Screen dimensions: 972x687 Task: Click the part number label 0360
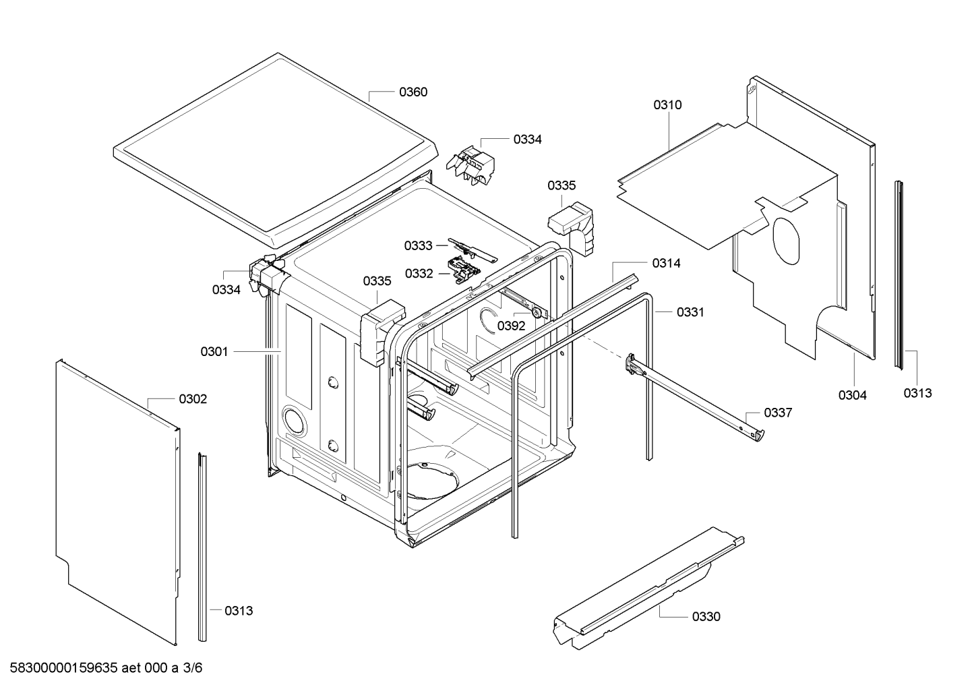click(x=413, y=92)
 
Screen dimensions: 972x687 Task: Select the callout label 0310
click(x=667, y=104)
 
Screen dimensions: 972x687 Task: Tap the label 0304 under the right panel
click(x=852, y=395)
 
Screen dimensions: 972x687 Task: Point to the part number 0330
click(x=706, y=616)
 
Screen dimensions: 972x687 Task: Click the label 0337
click(x=778, y=413)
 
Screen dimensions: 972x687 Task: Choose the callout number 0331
click(x=690, y=312)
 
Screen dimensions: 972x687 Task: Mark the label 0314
click(x=666, y=263)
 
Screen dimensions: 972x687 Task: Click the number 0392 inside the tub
click(x=511, y=326)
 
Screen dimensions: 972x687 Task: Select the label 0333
click(x=419, y=245)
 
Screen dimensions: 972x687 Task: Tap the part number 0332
click(x=419, y=274)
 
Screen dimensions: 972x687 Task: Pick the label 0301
click(x=214, y=351)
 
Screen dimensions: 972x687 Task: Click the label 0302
click(x=193, y=399)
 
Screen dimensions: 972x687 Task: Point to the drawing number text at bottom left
click(x=106, y=667)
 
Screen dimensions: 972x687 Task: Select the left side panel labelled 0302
click(x=118, y=502)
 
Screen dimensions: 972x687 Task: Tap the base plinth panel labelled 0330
click(x=648, y=588)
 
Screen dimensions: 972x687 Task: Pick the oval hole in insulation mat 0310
click(x=786, y=241)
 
